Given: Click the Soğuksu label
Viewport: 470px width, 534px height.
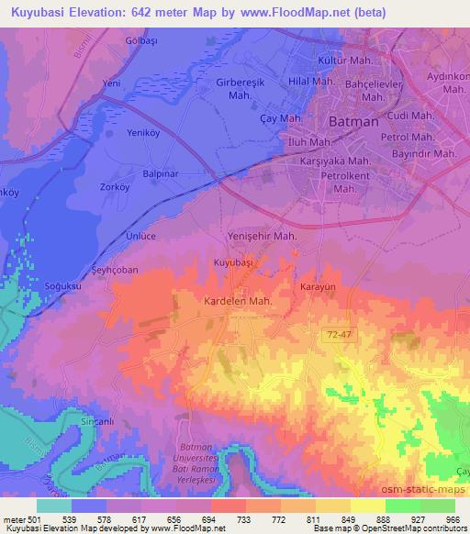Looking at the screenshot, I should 63,287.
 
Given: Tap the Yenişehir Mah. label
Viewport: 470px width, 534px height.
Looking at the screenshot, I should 261,236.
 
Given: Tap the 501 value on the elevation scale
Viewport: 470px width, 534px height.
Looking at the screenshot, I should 28,518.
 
